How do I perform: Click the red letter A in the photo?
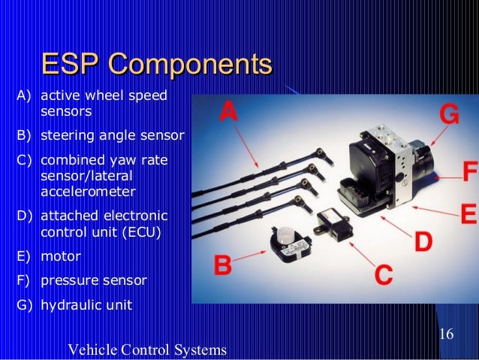click(228, 113)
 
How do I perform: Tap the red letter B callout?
click(222, 265)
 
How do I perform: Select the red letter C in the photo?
click(384, 271)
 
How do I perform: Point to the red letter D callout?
click(423, 242)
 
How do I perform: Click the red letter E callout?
click(468, 215)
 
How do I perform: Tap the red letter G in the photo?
click(449, 115)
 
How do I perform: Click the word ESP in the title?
click(68, 65)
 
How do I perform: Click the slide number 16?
click(445, 334)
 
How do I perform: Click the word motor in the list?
click(60, 256)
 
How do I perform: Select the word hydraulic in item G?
click(69, 305)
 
